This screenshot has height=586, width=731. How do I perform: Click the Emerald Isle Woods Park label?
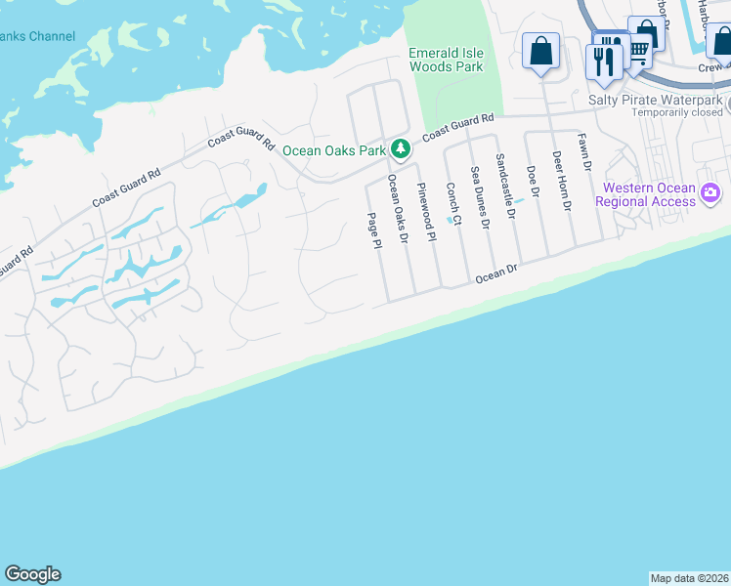tap(445, 60)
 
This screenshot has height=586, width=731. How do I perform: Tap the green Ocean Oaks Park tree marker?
tap(399, 149)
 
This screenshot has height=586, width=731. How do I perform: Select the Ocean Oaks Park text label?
tap(334, 150)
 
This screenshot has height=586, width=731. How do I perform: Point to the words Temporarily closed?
tap(675, 112)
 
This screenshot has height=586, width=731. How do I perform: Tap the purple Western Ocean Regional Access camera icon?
tap(710, 194)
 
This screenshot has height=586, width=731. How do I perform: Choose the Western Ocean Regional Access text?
tap(649, 194)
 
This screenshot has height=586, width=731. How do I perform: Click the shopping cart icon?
tap(639, 50)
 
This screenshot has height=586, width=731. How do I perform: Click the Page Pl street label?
tap(372, 230)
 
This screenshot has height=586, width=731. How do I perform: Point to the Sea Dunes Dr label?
tap(479, 196)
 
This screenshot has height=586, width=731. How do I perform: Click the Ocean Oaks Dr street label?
tap(397, 203)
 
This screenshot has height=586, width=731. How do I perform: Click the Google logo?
tap(32, 574)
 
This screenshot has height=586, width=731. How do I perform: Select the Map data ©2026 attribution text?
tap(689, 578)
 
